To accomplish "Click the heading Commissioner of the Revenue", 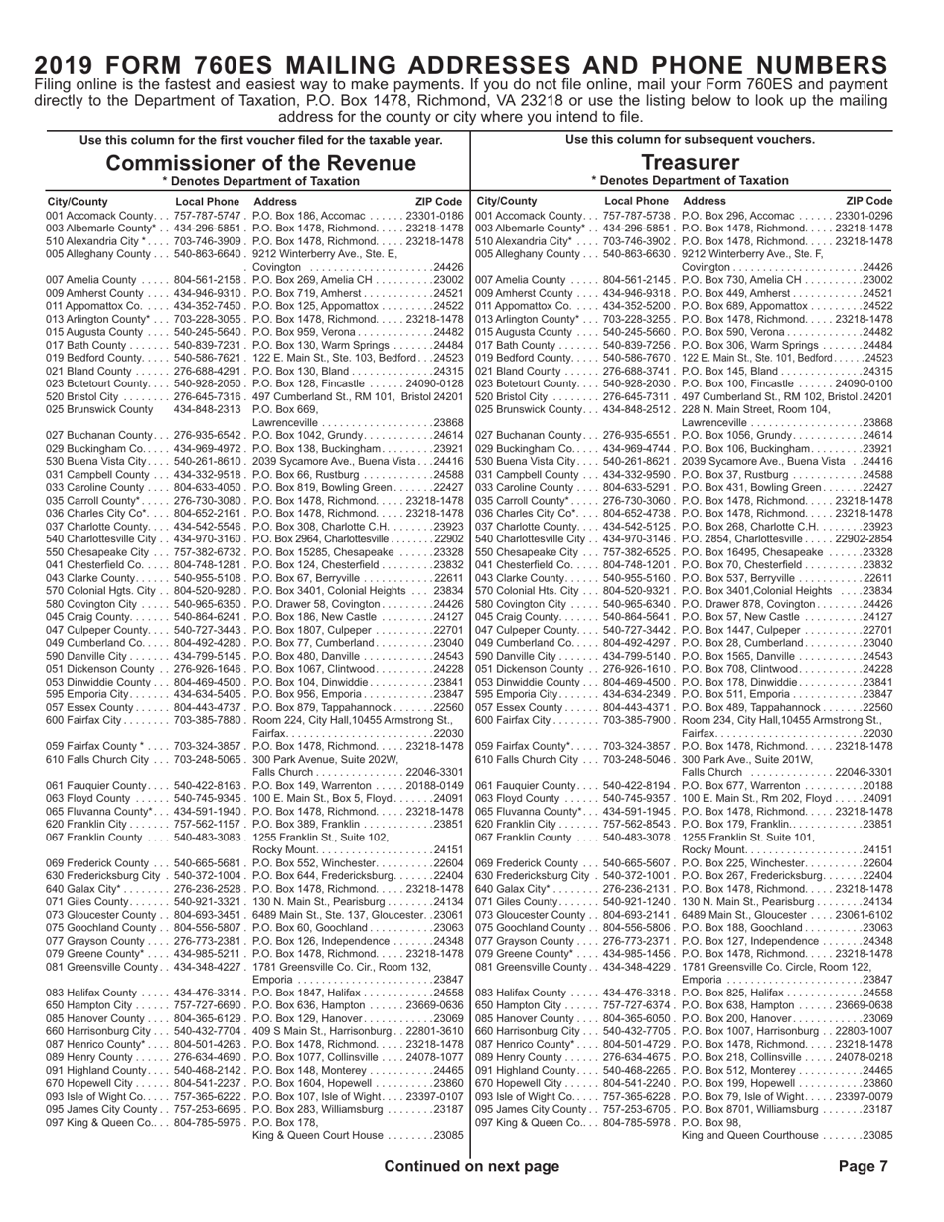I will point(261,162).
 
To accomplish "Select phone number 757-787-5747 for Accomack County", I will point(209,216).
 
